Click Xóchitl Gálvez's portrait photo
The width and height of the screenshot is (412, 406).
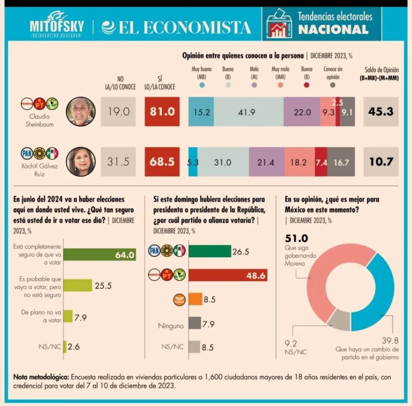coord(80,161)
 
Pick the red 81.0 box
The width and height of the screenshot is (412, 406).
coord(162,111)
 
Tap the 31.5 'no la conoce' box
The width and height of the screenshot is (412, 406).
coord(118,162)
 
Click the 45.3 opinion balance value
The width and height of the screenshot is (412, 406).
coord(380,111)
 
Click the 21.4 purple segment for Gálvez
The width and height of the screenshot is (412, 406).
coord(267,162)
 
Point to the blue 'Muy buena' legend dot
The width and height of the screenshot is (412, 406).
coord(202,85)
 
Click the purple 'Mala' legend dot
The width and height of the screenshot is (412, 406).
coord(254,85)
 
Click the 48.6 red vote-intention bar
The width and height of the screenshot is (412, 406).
coord(228,275)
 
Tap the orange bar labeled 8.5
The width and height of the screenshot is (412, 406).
coord(195,299)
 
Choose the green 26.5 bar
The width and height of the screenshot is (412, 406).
coord(210,251)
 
